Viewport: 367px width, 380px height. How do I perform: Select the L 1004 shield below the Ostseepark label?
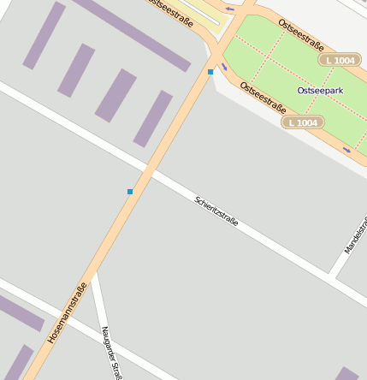(303, 123)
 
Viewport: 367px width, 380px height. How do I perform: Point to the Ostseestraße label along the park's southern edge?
(263, 98)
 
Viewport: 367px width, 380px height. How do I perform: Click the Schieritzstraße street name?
(216, 211)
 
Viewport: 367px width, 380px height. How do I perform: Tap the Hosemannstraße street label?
(68, 313)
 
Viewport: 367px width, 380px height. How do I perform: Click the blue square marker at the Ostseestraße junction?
(210, 72)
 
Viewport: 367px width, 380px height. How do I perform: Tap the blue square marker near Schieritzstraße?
(130, 192)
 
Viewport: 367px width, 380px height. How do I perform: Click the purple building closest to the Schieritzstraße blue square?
(153, 118)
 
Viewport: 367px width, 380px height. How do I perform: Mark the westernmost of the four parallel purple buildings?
(44, 35)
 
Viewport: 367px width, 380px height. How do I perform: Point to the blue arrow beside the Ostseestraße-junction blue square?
(224, 66)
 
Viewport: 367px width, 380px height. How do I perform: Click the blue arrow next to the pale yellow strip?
(229, 9)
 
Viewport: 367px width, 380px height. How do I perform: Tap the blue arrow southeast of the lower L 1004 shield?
(346, 151)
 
